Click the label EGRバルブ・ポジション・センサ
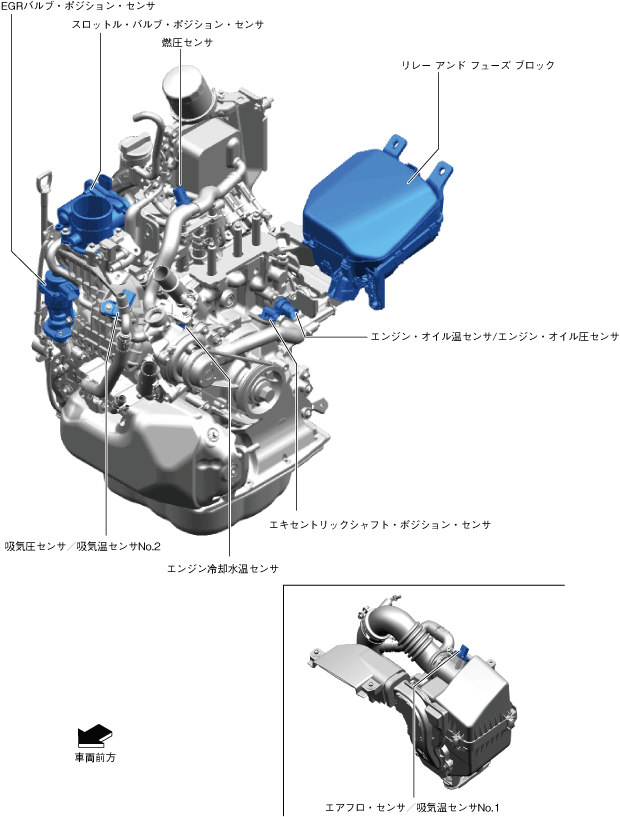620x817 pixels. click(78, 6)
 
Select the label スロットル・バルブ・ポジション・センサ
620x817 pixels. click(168, 24)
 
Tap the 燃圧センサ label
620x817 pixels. click(187, 42)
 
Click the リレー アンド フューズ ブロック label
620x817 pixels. click(478, 65)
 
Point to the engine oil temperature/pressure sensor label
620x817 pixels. click(495, 336)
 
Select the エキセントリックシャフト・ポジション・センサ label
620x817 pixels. click(379, 524)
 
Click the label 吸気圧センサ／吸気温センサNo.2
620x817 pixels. click(82, 546)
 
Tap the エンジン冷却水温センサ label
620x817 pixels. click(223, 569)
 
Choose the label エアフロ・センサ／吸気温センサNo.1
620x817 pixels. click(412, 808)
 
